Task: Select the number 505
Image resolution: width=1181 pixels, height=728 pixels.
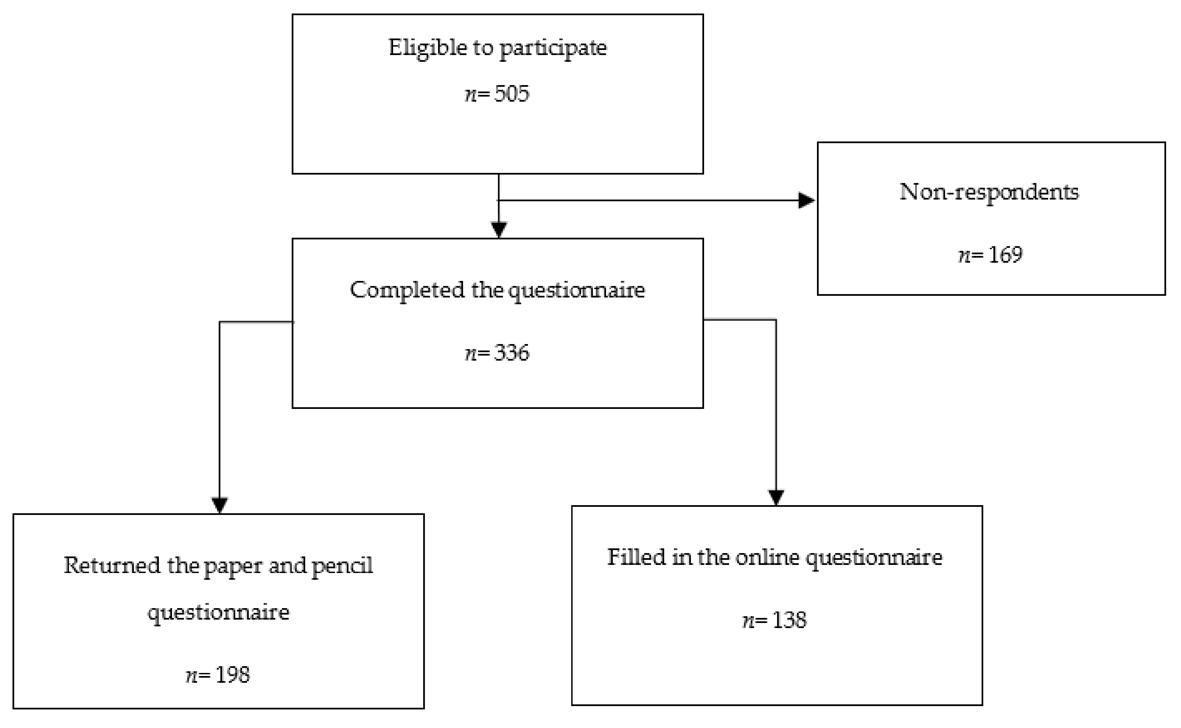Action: [511, 94]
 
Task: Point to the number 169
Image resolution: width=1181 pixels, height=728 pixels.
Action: [1005, 255]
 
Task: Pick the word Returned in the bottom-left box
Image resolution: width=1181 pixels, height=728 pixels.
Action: [112, 565]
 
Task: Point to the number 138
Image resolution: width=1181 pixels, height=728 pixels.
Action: [789, 620]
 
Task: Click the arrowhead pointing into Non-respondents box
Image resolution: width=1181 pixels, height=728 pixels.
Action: [806, 200]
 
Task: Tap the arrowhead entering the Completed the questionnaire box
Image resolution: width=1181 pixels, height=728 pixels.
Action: [499, 229]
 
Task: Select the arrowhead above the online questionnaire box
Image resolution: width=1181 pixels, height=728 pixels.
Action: [776, 497]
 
